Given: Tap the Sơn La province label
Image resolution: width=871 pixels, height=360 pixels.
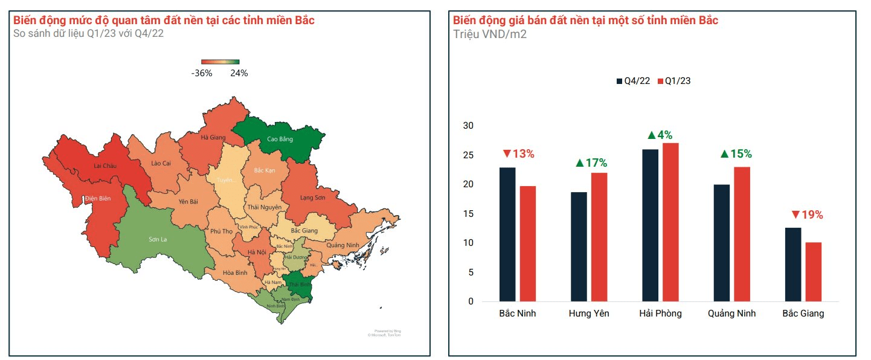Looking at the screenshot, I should tap(158, 239).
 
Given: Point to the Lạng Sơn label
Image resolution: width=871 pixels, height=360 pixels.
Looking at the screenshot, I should tap(312, 198).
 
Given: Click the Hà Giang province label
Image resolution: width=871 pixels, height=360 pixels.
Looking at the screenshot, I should tap(213, 138).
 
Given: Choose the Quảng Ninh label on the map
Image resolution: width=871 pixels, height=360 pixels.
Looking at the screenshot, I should tap(342, 245).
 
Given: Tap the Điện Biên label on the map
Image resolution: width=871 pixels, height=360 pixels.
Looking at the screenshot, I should tap(98, 199).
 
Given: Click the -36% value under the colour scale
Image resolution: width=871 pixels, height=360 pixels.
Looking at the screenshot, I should tap(202, 73).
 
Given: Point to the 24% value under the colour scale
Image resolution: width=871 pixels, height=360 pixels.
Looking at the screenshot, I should tap(239, 73).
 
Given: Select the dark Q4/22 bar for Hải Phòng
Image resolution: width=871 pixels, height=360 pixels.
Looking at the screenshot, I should tap(650, 225).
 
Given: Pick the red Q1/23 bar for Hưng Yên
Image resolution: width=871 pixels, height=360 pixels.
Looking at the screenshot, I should tap(599, 237).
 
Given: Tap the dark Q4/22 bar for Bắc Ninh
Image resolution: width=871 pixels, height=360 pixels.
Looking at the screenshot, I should tap(507, 234).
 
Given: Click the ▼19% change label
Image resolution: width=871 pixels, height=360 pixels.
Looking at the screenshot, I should tap(807, 215).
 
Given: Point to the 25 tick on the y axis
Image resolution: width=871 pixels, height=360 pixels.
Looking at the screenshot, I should tap(469, 155).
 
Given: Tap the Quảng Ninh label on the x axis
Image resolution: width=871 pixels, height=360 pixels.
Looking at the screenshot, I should tap(731, 313).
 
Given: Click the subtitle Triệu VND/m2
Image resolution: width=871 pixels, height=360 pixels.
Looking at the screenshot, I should tap(490, 34).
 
